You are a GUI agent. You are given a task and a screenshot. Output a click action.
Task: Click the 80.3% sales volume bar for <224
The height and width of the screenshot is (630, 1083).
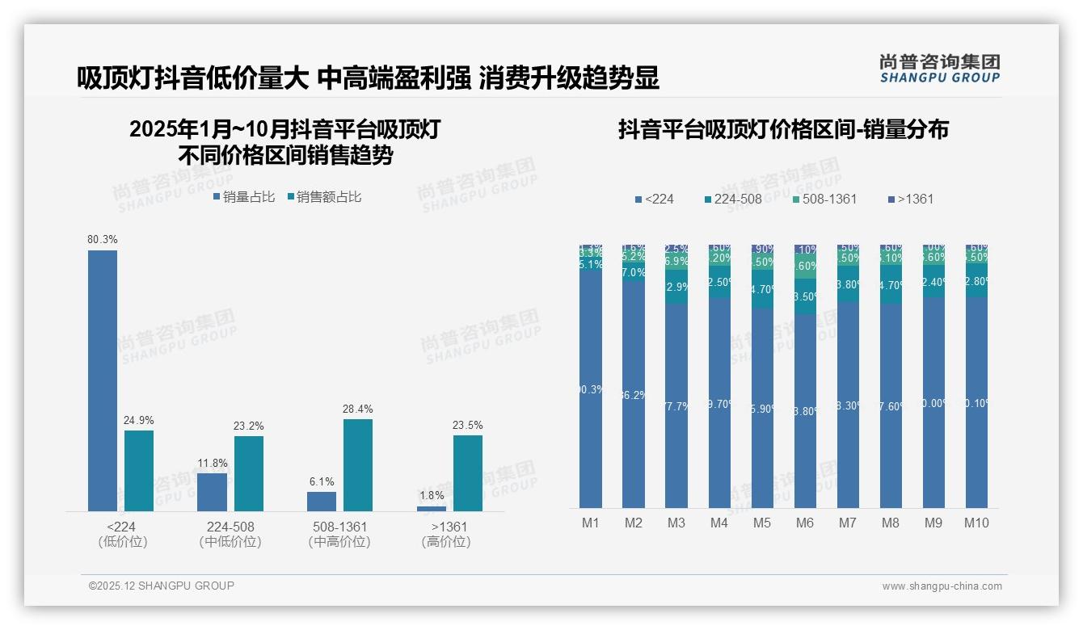pyautogui.click(x=103, y=380)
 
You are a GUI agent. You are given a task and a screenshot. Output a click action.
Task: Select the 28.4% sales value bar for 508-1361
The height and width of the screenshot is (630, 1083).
pyautogui.click(x=358, y=464)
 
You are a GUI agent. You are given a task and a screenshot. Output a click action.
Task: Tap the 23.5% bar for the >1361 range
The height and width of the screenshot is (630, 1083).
pyautogui.click(x=467, y=472)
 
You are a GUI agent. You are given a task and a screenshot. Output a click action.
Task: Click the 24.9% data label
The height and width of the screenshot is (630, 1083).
pyautogui.click(x=138, y=421)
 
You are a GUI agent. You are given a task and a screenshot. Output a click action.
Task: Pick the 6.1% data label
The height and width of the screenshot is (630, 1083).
pyautogui.click(x=321, y=482)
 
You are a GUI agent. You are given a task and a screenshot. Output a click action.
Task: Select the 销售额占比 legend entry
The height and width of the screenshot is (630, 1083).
pyautogui.click(x=324, y=197)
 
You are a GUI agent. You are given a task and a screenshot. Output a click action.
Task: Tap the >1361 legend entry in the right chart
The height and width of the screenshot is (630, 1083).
pyautogui.click(x=912, y=199)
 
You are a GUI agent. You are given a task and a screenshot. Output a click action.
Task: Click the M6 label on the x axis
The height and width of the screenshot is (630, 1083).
pyautogui.click(x=805, y=523)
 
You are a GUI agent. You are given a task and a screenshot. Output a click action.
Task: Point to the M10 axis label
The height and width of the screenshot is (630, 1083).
pyautogui.click(x=976, y=523)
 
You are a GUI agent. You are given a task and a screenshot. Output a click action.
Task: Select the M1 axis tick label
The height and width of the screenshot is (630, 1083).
pyautogui.click(x=591, y=523)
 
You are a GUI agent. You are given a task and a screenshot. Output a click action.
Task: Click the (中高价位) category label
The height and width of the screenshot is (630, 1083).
pyautogui.click(x=339, y=542)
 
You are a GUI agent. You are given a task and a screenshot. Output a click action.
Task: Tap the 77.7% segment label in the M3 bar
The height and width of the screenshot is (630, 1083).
pyautogui.click(x=676, y=406)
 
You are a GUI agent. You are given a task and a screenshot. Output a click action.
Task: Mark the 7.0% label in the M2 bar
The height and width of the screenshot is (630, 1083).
pyautogui.click(x=634, y=273)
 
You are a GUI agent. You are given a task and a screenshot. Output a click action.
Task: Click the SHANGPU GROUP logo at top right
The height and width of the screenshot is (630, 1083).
pyautogui.click(x=939, y=69)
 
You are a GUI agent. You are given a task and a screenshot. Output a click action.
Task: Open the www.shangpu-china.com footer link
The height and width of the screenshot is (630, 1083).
pyautogui.click(x=942, y=586)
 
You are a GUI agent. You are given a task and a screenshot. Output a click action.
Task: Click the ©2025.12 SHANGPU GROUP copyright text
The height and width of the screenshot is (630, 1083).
pyautogui.click(x=162, y=586)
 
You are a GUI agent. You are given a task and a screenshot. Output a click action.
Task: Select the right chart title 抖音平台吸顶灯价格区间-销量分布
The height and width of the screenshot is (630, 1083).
pyautogui.click(x=783, y=130)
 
